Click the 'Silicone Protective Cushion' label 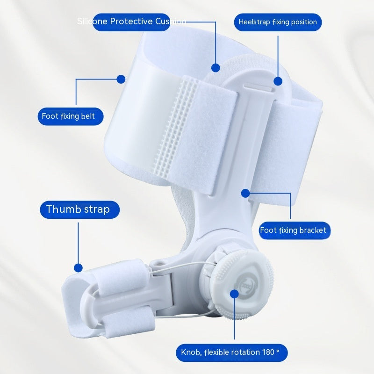click(x=131, y=22)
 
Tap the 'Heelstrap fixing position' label click(x=278, y=22)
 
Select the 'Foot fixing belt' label click(x=70, y=116)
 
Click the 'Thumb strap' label click(x=78, y=209)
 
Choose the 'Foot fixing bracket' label click(x=293, y=230)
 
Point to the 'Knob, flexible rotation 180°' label click(x=231, y=352)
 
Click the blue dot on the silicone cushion click(x=216, y=68)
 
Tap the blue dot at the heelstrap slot click(x=278, y=81)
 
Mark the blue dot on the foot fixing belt click(x=121, y=79)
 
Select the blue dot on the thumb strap click(x=78, y=268)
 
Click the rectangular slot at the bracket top click(x=259, y=86)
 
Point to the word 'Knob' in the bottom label click(x=191, y=352)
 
